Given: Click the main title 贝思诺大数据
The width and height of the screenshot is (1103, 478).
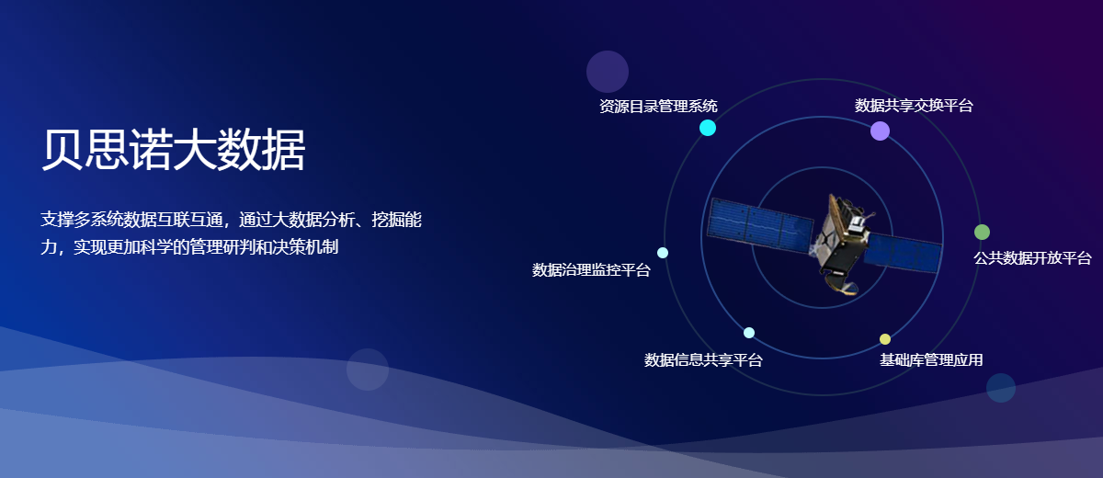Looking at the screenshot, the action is click(x=173, y=150).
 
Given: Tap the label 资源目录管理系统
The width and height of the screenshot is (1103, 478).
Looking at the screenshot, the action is click(x=658, y=106).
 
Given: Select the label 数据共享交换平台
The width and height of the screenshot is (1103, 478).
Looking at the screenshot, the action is click(x=914, y=105).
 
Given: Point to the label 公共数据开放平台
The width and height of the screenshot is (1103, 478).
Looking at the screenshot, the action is click(x=1032, y=257).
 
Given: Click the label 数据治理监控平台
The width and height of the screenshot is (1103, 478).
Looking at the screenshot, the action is click(x=591, y=269).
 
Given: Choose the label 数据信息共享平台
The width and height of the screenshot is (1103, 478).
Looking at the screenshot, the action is click(x=703, y=359).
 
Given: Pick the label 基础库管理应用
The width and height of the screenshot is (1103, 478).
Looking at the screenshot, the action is click(x=931, y=359).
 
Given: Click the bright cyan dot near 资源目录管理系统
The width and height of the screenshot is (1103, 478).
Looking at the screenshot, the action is click(x=708, y=128).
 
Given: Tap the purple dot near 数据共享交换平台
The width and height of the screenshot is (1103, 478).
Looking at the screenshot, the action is click(x=880, y=131).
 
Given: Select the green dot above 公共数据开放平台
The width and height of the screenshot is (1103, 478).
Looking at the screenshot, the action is click(x=982, y=232).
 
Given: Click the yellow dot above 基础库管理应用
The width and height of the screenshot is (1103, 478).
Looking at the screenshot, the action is click(x=885, y=339).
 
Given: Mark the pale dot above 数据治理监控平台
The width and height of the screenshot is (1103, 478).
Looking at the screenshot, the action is click(x=663, y=253).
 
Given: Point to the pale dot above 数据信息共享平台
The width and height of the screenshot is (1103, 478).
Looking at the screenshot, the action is click(x=749, y=333).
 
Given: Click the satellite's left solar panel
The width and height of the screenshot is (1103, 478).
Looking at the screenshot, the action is click(x=759, y=225).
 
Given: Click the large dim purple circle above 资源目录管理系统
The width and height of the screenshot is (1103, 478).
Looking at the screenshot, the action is click(x=608, y=72).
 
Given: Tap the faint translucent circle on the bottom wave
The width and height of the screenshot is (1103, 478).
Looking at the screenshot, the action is click(x=368, y=370).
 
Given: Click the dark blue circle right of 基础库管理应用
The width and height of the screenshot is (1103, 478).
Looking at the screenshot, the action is click(x=1001, y=387).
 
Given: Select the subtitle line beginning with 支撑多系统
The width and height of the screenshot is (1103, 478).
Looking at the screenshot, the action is click(x=231, y=219).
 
